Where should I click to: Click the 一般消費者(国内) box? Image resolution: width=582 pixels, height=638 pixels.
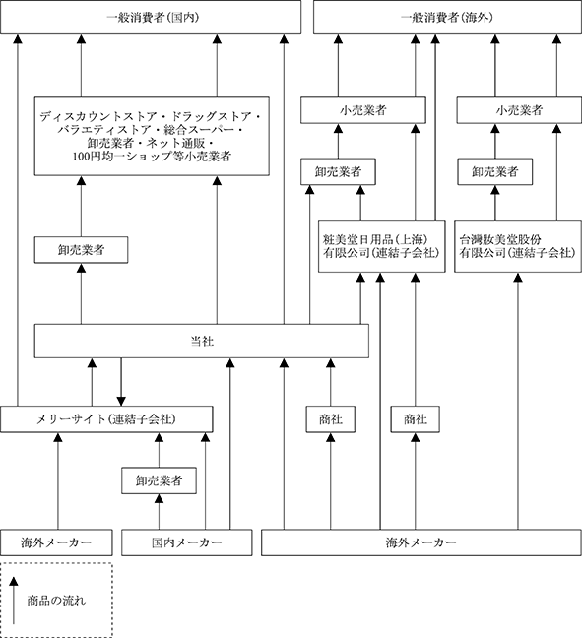(151, 17)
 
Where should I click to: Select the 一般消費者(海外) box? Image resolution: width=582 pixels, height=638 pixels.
(447, 17)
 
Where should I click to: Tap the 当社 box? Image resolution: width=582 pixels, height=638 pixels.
(202, 341)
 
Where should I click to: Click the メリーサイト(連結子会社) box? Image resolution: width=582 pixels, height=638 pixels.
(106, 419)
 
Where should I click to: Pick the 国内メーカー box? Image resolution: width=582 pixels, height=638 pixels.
(187, 542)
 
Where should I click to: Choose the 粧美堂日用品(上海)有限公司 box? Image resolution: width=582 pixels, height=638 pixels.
(382, 246)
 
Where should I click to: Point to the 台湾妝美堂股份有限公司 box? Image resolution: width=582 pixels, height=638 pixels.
(518, 246)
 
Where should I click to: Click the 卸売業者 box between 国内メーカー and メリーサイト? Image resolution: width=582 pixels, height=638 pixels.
(159, 480)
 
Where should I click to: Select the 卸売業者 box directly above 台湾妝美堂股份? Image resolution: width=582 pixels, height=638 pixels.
(495, 171)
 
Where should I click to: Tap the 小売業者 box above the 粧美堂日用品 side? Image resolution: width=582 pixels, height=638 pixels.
(363, 110)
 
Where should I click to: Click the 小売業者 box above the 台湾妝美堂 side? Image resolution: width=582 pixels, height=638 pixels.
(519, 110)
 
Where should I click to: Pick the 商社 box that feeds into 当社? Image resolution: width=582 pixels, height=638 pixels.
(331, 419)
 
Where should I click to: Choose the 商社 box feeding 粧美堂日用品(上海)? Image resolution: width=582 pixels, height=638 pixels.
(416, 419)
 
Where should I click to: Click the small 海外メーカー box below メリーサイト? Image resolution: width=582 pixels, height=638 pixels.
(56, 542)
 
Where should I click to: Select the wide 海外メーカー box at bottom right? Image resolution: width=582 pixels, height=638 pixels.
(421, 542)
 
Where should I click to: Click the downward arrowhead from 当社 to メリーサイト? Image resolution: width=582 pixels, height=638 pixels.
(121, 401)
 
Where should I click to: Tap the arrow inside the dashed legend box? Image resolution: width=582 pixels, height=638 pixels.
(14, 601)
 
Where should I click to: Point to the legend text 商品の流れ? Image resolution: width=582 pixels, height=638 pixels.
(56, 601)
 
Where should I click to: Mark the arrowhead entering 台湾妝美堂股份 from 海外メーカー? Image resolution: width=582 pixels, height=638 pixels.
(518, 277)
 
